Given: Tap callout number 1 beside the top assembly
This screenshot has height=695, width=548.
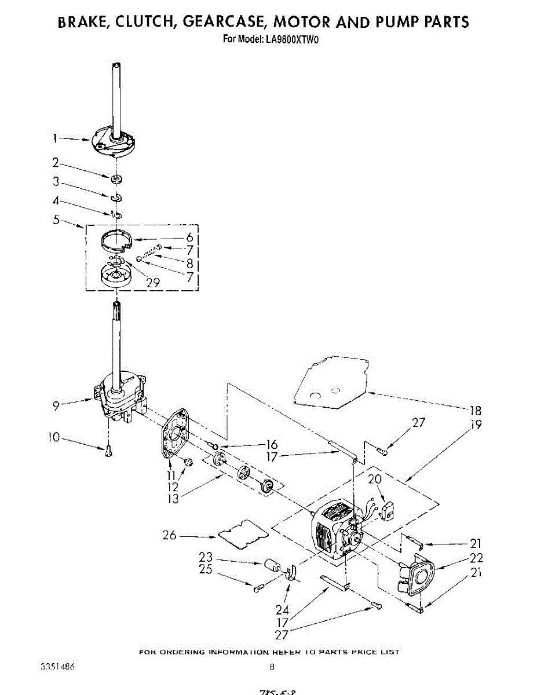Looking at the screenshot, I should point(56,138).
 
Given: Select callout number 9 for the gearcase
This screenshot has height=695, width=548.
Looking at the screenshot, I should point(56,405).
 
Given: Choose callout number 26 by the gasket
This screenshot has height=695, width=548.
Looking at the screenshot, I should point(170,535).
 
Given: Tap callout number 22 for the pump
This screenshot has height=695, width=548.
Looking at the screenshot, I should point(476,558).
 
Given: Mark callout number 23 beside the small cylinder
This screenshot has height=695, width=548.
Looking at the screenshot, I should point(206,557).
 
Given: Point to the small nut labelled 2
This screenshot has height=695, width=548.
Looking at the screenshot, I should point(116,177).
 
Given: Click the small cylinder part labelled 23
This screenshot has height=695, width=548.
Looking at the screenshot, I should point(272,565).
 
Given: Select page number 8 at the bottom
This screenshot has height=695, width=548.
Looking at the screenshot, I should point(272,667).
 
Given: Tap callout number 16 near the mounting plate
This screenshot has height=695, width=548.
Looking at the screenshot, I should point(271,445).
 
